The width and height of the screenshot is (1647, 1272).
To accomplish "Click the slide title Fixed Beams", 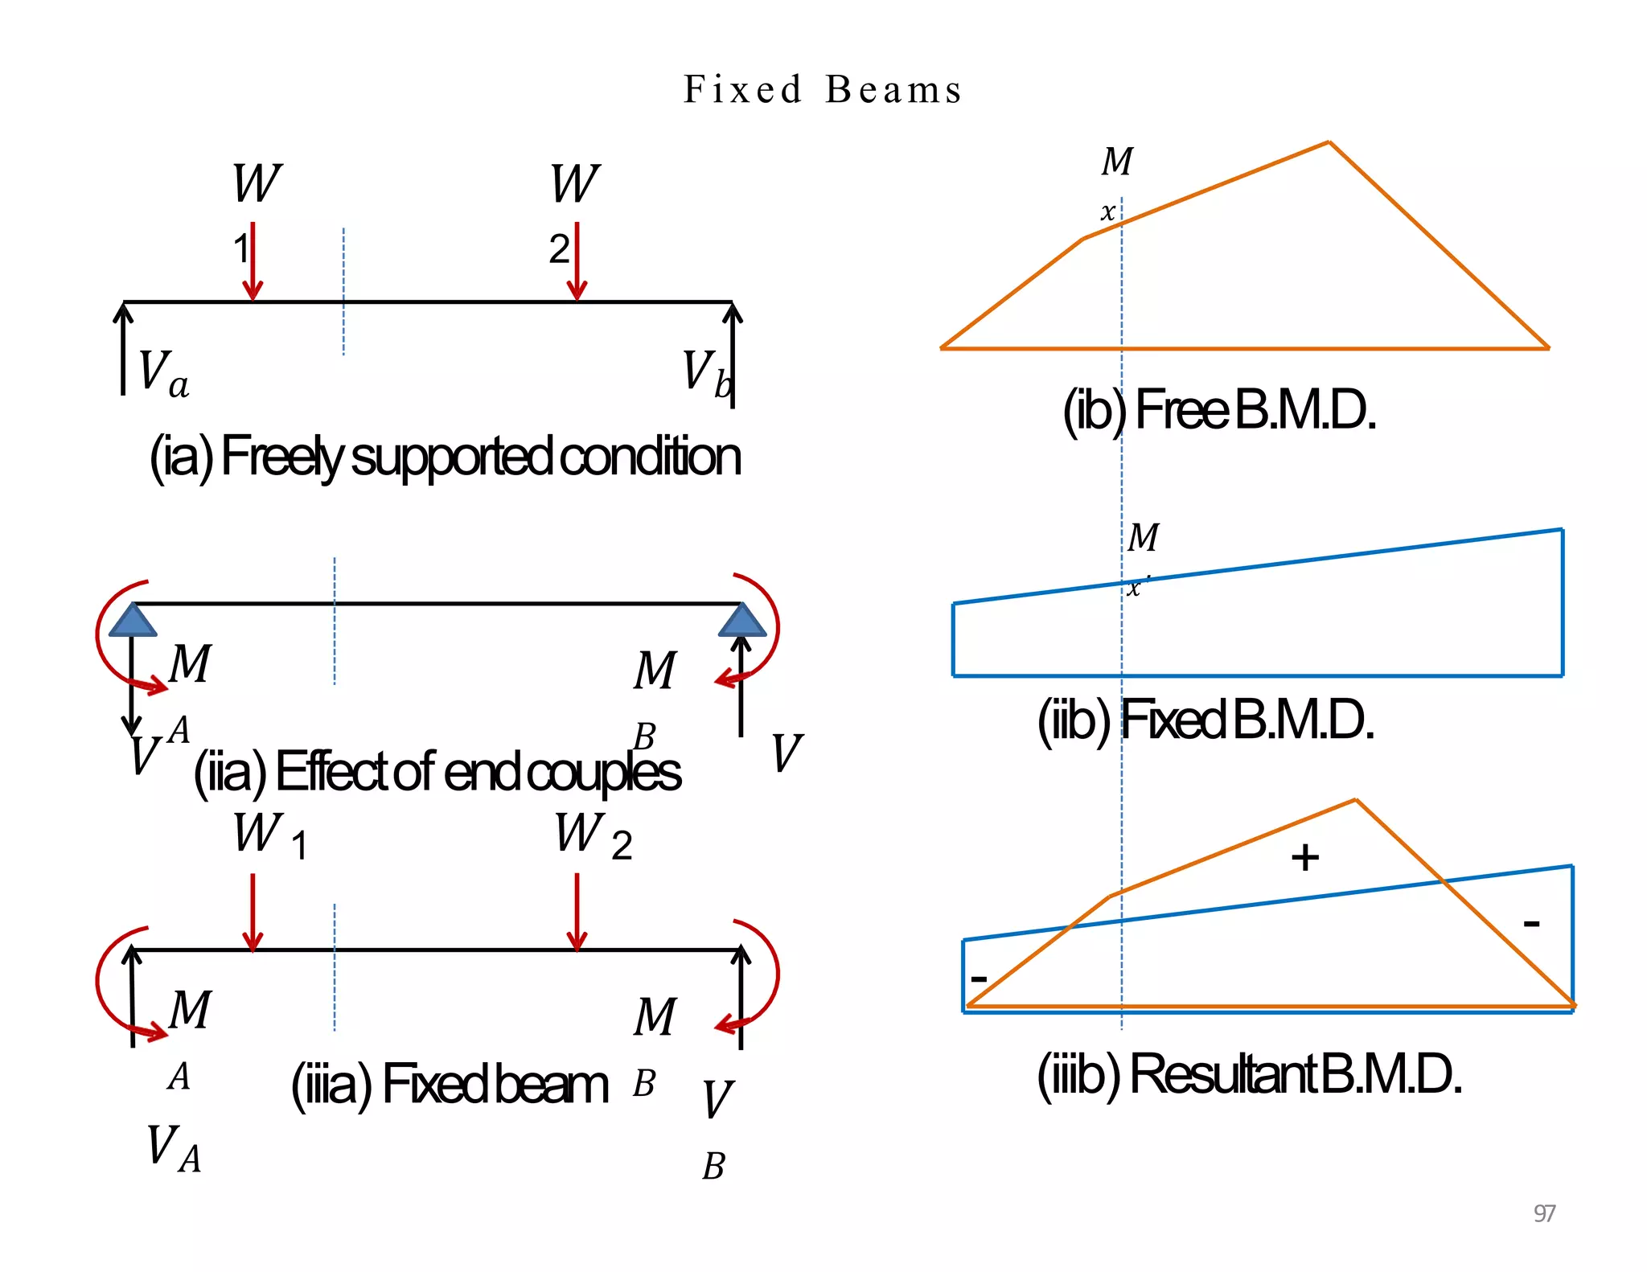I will [822, 89].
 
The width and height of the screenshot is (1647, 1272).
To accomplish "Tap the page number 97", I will [1544, 1213].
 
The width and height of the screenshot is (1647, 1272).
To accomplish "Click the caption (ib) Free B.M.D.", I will [1219, 410].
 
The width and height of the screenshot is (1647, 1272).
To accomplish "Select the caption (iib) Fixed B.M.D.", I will [1205, 720].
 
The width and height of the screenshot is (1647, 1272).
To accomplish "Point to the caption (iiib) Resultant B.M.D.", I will [1249, 1074].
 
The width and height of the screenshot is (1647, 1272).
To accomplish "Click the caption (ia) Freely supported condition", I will [445, 457].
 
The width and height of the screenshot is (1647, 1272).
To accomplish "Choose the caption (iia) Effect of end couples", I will [437, 772].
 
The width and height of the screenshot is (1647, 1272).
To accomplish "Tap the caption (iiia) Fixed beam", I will [450, 1085].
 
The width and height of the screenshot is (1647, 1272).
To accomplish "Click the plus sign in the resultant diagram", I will [1304, 857].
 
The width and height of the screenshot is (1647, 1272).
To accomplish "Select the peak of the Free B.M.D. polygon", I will [1329, 143].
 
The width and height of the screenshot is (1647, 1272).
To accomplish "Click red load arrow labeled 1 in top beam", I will [253, 261].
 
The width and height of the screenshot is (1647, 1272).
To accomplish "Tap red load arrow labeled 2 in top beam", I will [577, 261].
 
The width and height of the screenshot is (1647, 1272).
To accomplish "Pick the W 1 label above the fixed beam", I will [269, 836].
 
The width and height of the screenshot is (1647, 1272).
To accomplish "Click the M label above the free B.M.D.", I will [1117, 162].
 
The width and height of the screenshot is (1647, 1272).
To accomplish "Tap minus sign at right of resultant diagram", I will [1531, 923].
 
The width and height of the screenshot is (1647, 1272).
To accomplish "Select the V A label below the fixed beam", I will [173, 1147].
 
